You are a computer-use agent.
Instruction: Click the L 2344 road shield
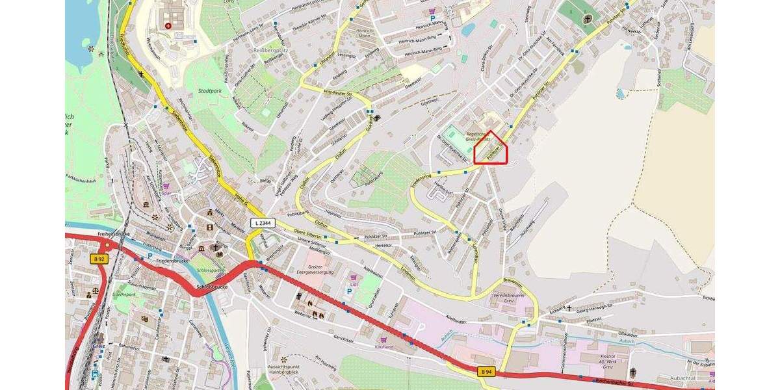[263, 223]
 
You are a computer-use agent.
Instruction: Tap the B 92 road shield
[98, 259]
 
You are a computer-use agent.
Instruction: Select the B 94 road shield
[486, 371]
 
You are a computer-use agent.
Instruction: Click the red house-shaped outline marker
[491, 149]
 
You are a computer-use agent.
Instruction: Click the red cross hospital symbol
[168, 25]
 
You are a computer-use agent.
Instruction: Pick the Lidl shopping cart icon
[354, 278]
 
